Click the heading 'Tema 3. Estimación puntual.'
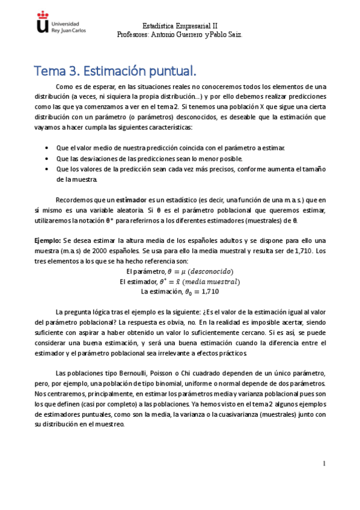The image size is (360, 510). (115, 72)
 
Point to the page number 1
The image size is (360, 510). (324, 464)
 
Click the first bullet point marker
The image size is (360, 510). (47, 148)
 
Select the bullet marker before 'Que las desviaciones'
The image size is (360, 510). (47, 159)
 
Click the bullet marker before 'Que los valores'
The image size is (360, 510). (47, 170)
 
